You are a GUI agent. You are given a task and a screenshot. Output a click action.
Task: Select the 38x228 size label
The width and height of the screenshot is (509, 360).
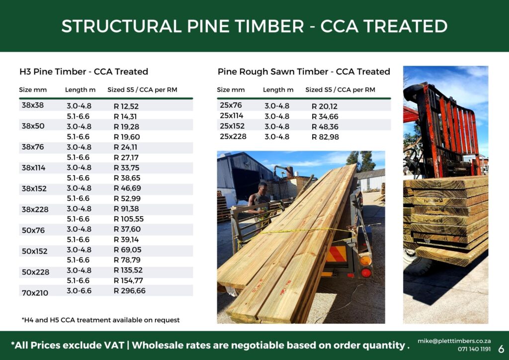coord(35,209)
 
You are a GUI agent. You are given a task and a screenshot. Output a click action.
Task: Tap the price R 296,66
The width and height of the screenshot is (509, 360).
coord(129,291)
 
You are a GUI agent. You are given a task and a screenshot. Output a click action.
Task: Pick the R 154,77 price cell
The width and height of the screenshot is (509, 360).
coord(128,280)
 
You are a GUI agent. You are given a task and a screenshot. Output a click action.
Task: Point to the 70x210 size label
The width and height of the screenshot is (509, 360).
coord(35,293)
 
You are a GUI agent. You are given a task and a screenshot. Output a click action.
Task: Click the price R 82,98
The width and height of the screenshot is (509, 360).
coord(325,137)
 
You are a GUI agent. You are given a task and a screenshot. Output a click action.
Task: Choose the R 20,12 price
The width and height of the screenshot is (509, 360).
coord(324,106)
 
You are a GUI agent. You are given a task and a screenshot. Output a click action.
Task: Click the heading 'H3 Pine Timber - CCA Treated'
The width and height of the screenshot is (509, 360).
coord(84,72)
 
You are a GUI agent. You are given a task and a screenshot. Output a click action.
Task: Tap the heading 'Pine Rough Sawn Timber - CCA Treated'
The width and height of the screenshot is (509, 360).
coord(304,72)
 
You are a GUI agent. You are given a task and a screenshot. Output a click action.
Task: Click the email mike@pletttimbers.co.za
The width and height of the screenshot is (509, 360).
coord(454,341)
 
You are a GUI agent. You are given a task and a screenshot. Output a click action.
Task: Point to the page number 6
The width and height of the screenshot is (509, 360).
coord(501,349)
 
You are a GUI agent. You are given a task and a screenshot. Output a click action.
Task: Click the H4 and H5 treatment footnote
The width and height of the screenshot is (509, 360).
coord(100,320)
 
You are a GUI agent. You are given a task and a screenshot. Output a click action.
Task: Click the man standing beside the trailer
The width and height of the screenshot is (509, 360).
coord(260,201)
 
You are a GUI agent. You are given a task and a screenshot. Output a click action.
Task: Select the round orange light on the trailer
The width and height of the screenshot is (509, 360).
coord(365,260)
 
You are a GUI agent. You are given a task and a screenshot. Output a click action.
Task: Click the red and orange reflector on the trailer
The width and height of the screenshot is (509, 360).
coord(336,254)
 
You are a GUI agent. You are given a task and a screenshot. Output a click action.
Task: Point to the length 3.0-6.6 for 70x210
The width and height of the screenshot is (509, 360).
coord(79,291)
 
